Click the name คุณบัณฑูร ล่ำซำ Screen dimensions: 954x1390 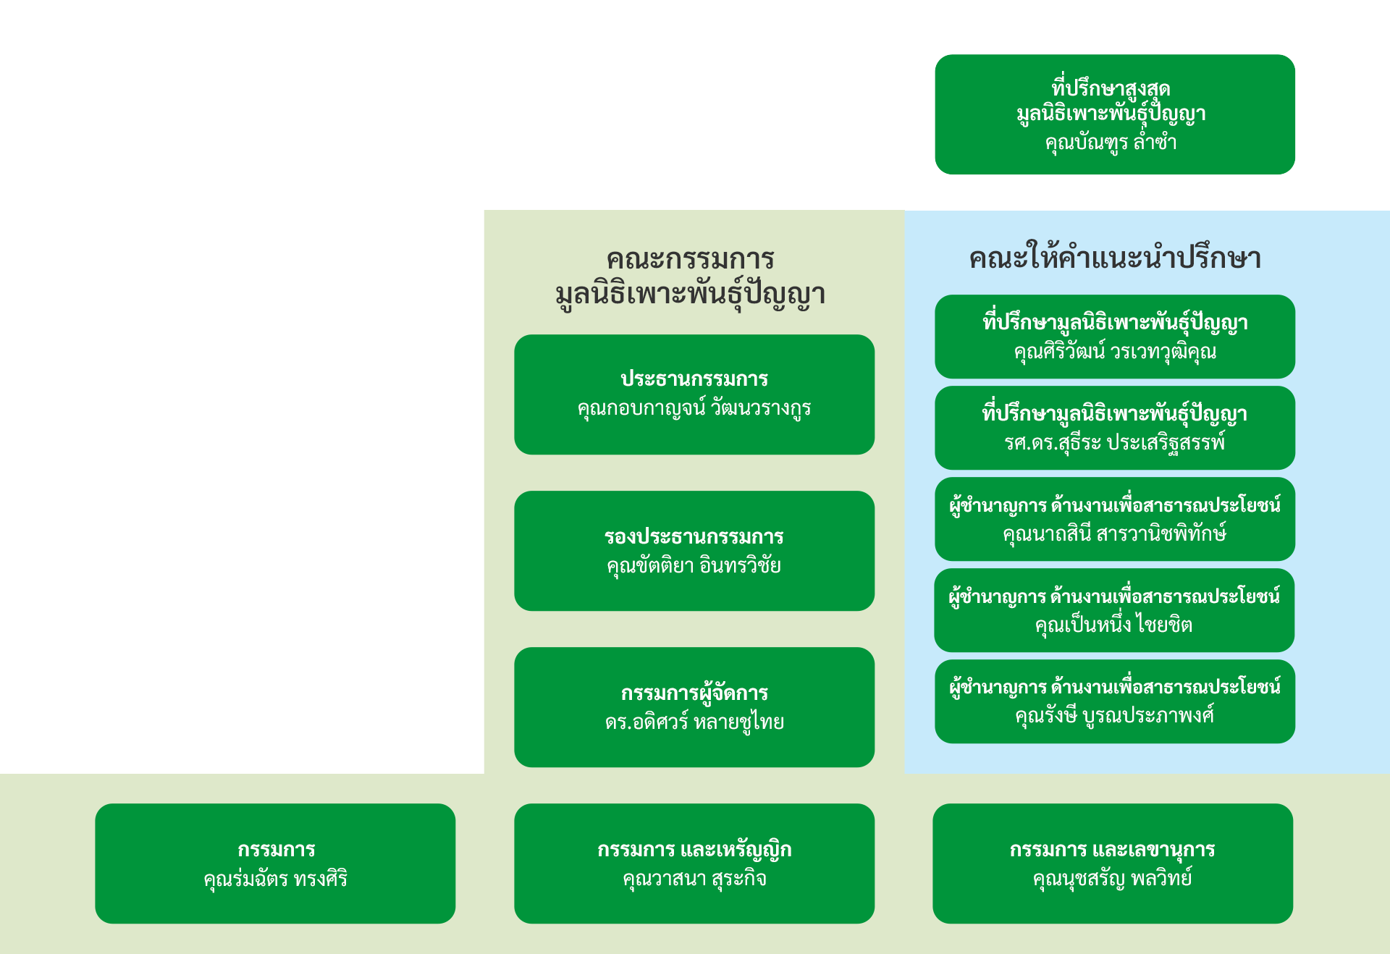click(x=1111, y=142)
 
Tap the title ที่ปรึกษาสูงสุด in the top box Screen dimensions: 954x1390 click(x=1111, y=88)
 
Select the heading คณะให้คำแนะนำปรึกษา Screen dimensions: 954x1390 click(x=1115, y=258)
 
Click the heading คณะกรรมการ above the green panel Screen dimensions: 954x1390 click(x=691, y=259)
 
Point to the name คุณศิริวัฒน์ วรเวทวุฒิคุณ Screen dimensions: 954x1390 click(x=1115, y=352)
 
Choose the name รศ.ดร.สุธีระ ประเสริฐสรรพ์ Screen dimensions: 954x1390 click(x=1115, y=442)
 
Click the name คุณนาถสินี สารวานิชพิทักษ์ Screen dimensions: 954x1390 click(x=1115, y=533)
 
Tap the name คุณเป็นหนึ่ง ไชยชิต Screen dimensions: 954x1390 click(x=1113, y=625)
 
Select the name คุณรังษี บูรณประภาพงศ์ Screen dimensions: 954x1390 click(x=1115, y=716)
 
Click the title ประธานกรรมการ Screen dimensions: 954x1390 click(x=694, y=379)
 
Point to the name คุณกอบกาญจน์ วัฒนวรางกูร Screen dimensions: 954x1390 click(x=694, y=408)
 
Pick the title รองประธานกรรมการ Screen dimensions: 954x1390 click(x=694, y=537)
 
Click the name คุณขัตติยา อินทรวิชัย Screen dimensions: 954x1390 click(x=694, y=565)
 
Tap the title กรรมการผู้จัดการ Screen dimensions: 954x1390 click(x=694, y=693)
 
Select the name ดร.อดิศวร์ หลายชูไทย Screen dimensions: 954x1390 click(x=694, y=722)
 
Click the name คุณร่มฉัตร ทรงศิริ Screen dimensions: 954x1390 click(x=275, y=879)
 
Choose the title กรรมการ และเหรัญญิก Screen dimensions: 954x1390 click(x=694, y=850)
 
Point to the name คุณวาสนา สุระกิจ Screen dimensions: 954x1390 click(x=694, y=879)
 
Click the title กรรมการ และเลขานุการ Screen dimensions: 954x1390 click(x=1112, y=850)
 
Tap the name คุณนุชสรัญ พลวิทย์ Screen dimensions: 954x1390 click(x=1112, y=879)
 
